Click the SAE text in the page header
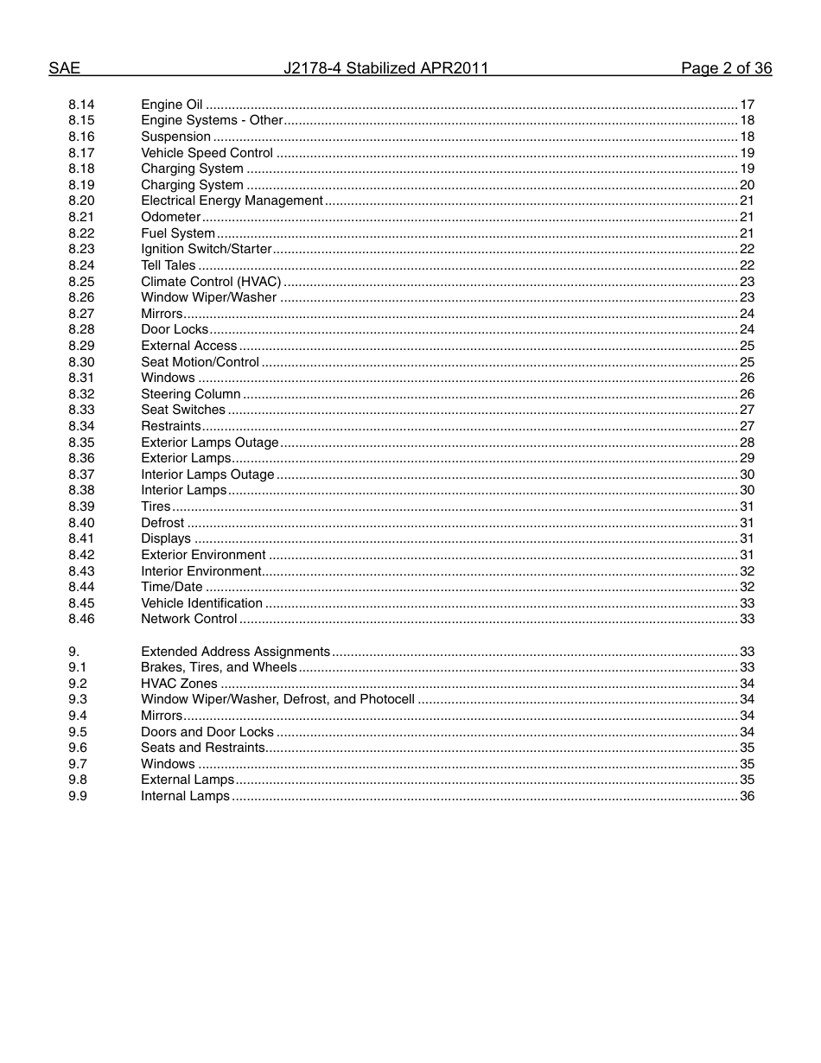coord(64,68)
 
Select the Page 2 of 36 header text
coord(726,68)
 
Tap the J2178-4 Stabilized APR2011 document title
coord(386,68)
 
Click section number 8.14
coord(81,105)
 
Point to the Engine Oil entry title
coord(172,105)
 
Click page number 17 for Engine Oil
coord(747,105)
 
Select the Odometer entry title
coord(171,217)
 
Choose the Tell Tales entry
coord(169,265)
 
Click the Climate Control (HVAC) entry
coord(211,282)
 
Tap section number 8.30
coord(81,362)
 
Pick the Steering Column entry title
coord(191,394)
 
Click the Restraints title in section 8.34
coord(171,426)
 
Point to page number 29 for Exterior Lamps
coord(747,458)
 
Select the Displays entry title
coord(166,538)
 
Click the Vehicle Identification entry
coord(201,603)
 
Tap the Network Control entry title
coord(188,619)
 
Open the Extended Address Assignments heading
coord(235,652)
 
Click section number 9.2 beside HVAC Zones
coord(78,684)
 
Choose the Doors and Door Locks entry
coord(207,732)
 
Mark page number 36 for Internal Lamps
coord(747,796)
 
